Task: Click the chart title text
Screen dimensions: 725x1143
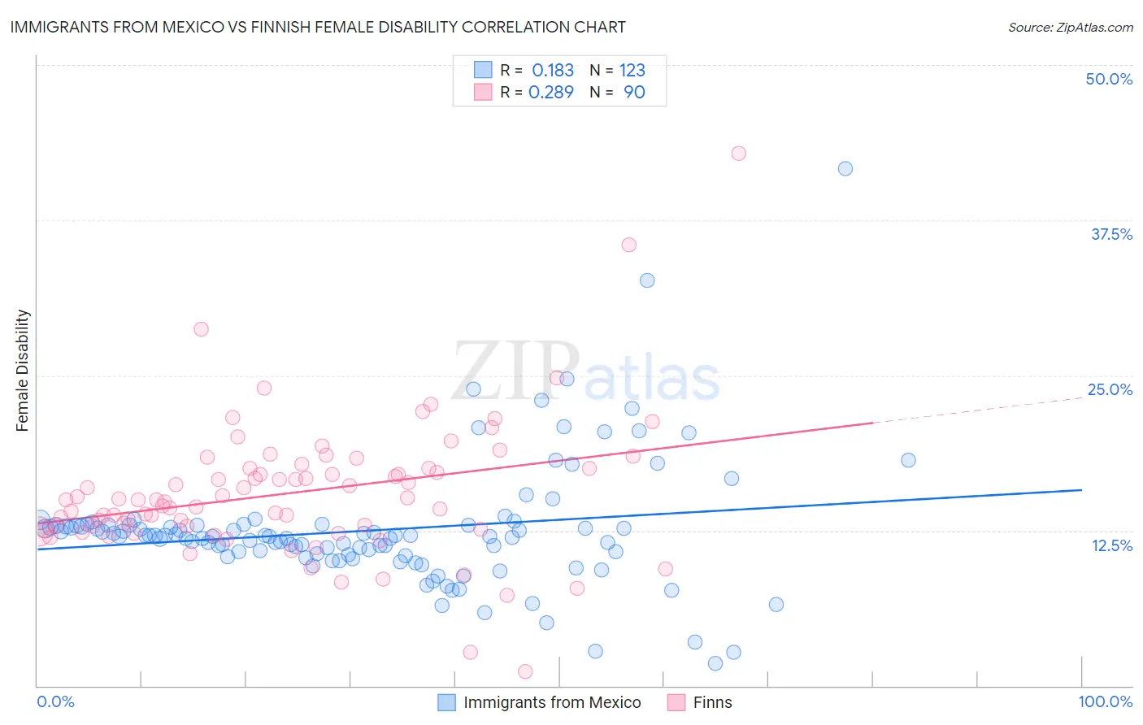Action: tap(317, 27)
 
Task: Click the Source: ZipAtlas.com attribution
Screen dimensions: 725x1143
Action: tap(1070, 27)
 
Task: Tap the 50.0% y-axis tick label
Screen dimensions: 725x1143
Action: tap(1109, 79)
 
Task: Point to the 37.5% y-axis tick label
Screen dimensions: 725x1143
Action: tap(1111, 234)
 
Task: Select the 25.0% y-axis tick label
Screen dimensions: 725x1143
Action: tap(1110, 389)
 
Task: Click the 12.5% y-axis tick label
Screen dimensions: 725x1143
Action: tap(1111, 545)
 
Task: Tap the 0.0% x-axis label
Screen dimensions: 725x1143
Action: tap(55, 701)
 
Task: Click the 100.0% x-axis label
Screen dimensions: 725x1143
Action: tap(1105, 701)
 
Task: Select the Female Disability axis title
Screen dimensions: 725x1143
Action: tap(23, 370)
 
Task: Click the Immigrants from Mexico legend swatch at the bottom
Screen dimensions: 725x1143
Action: tap(446, 702)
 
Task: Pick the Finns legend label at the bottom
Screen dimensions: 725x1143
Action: tap(712, 702)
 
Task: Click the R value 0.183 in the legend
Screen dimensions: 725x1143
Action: tap(553, 70)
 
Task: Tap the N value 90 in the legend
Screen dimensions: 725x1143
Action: tap(634, 92)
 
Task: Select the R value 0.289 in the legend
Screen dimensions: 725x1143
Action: tap(551, 92)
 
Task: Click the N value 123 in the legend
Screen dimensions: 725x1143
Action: tap(632, 70)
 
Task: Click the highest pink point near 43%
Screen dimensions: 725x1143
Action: tap(738, 154)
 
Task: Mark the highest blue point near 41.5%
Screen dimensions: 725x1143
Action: tap(845, 168)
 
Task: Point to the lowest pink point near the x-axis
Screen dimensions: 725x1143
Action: tap(525, 671)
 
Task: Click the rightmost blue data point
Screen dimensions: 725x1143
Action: tap(908, 460)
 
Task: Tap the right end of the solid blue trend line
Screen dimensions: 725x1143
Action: tap(1081, 490)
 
